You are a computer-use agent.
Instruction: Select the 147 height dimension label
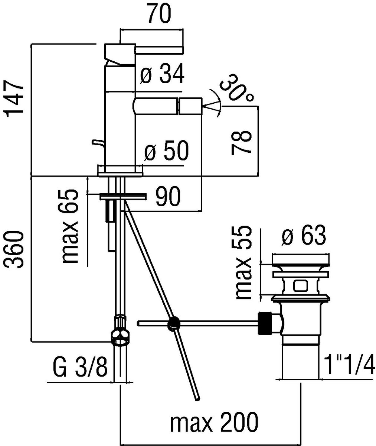[15, 99]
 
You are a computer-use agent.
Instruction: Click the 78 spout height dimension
[241, 142]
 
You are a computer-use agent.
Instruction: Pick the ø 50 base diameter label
[166, 150]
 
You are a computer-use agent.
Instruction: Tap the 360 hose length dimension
[14, 250]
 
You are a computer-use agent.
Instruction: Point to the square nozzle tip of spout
[190, 106]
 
